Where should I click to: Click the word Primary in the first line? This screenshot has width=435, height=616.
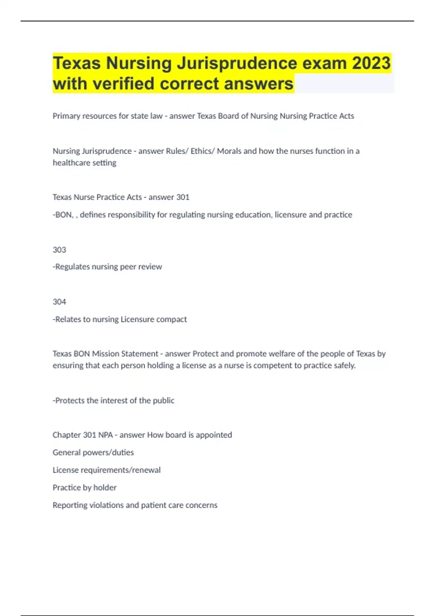66,116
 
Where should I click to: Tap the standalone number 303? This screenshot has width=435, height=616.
59,250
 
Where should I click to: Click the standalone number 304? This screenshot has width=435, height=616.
59,302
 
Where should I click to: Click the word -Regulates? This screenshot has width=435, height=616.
71,267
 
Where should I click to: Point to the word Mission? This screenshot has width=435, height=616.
105,354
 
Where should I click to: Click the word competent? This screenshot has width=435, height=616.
271,365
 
